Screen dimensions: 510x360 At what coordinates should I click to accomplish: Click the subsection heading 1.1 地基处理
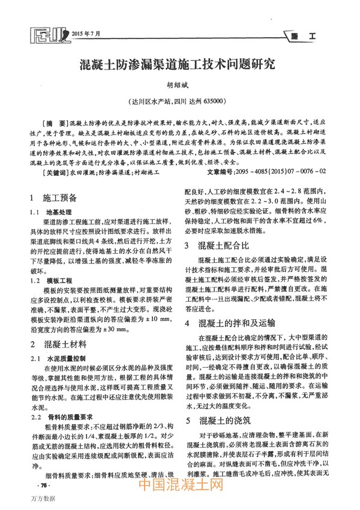(x=50, y=212)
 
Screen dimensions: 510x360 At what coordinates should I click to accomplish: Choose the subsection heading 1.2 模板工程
(x=50, y=280)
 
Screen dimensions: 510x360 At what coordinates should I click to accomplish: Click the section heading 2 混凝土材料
(x=58, y=344)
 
